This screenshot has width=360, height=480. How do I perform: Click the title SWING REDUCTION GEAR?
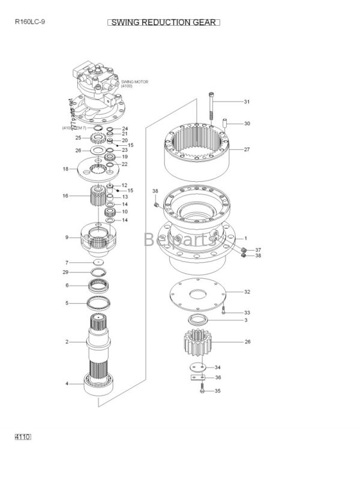point(164,22)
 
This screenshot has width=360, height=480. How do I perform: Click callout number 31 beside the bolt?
point(247,101)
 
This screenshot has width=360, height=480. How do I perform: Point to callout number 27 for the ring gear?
point(247,149)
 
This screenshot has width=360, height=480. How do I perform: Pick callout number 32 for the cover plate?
point(247,292)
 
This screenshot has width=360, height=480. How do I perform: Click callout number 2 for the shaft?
point(67,342)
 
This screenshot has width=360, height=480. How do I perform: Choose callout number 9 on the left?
point(67,238)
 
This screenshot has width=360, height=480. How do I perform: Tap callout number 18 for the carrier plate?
point(66,169)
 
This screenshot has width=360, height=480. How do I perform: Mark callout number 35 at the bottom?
point(217,391)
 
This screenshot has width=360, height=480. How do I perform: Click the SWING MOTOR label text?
point(134,81)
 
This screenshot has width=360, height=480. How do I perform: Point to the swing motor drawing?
point(99,90)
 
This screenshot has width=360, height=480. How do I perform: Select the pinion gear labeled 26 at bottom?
point(199,347)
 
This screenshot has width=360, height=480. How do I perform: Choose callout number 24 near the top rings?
point(125,128)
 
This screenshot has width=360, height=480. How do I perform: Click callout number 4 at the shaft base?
point(67,383)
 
